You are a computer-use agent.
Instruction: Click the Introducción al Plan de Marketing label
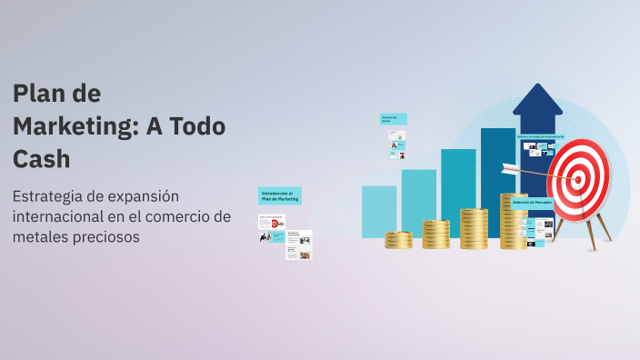click(x=279, y=195)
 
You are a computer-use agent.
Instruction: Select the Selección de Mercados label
click(x=532, y=203)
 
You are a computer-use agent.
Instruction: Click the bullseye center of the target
click(x=576, y=179)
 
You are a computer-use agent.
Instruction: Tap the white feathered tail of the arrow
click(x=509, y=168)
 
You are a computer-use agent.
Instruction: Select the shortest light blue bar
click(x=379, y=211)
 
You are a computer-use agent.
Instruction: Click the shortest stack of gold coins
click(x=398, y=240)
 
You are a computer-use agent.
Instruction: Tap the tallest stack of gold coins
click(x=513, y=221)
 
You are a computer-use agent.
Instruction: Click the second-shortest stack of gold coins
click(x=436, y=235)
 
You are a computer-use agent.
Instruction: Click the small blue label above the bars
click(x=393, y=118)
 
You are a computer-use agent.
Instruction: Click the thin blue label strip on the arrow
click(x=541, y=136)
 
